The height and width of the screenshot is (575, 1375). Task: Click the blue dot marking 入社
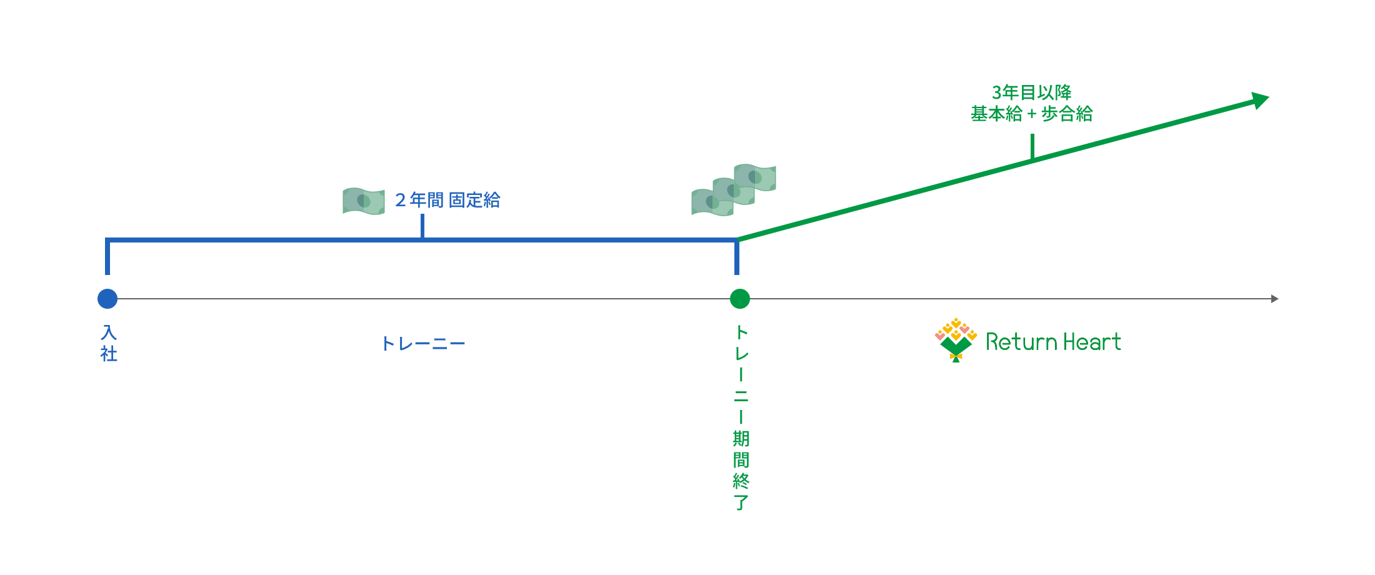[107, 299]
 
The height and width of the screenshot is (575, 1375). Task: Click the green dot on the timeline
[740, 299]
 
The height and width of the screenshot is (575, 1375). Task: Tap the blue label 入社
[109, 343]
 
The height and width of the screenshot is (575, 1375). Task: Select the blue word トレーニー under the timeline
[423, 344]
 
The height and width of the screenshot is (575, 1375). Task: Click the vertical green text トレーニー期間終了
[741, 417]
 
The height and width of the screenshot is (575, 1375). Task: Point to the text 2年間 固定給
[447, 200]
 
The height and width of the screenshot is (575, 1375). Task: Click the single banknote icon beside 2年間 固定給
[364, 201]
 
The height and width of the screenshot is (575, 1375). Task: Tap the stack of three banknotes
[734, 190]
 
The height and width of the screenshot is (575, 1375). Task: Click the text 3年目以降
[1031, 92]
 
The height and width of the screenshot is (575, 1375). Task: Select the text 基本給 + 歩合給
[1031, 114]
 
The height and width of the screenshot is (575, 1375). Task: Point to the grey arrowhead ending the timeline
[1275, 299]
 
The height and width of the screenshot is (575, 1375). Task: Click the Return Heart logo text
[1053, 341]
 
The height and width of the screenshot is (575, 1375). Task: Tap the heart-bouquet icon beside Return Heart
[956, 339]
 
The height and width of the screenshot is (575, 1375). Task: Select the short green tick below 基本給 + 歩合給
[1032, 146]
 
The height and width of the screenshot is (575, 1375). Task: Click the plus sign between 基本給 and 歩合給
[1031, 114]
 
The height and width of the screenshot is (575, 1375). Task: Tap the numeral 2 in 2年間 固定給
[401, 200]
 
